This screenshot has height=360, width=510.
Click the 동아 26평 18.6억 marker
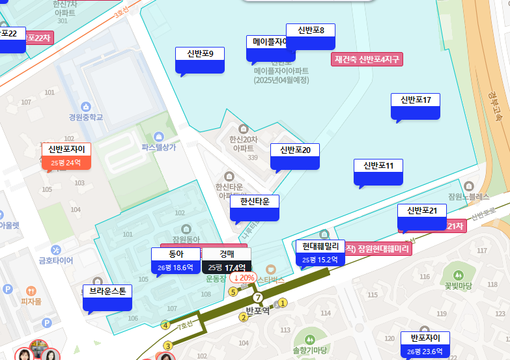[176, 260]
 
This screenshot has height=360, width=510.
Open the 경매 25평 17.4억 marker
[226, 260]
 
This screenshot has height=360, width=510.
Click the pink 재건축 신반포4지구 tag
[367, 59]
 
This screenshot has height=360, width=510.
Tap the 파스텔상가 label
[159, 147]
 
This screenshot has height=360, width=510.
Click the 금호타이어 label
[56, 260]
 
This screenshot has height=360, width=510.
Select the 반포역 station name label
[258, 310]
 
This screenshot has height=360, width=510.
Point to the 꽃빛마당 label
[458, 285]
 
